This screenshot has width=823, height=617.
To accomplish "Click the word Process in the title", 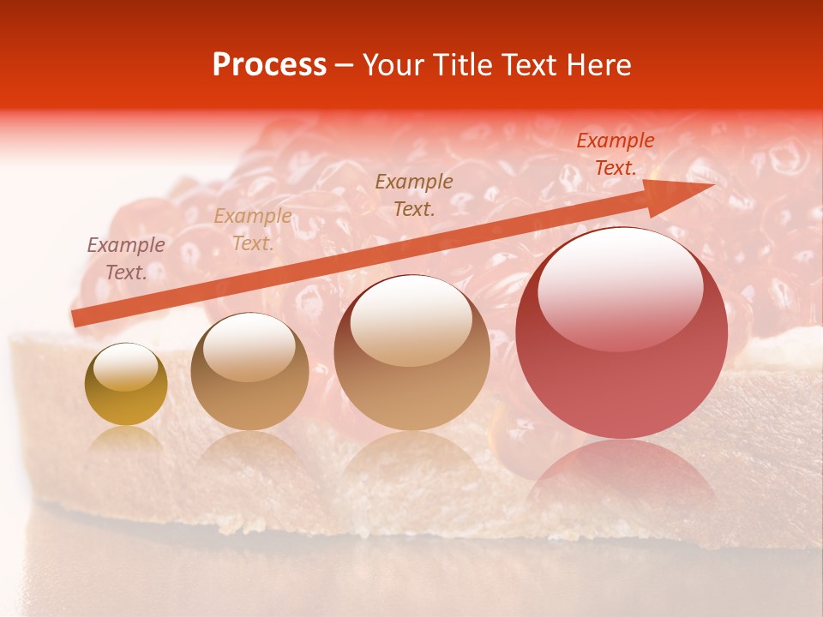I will [269, 65].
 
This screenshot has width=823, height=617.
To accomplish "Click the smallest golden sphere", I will [126, 384].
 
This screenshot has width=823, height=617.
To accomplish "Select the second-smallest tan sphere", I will [249, 371].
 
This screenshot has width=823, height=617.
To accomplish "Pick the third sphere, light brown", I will [412, 352].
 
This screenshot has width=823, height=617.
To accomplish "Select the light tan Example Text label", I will [253, 230].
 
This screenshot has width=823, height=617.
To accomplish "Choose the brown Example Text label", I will [414, 195].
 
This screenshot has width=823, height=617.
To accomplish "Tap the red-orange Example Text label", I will [616, 154].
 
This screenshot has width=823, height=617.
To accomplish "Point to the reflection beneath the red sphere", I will [622, 480].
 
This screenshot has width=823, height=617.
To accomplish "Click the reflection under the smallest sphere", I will [126, 440].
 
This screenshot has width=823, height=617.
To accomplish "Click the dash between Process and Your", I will [345, 66].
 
